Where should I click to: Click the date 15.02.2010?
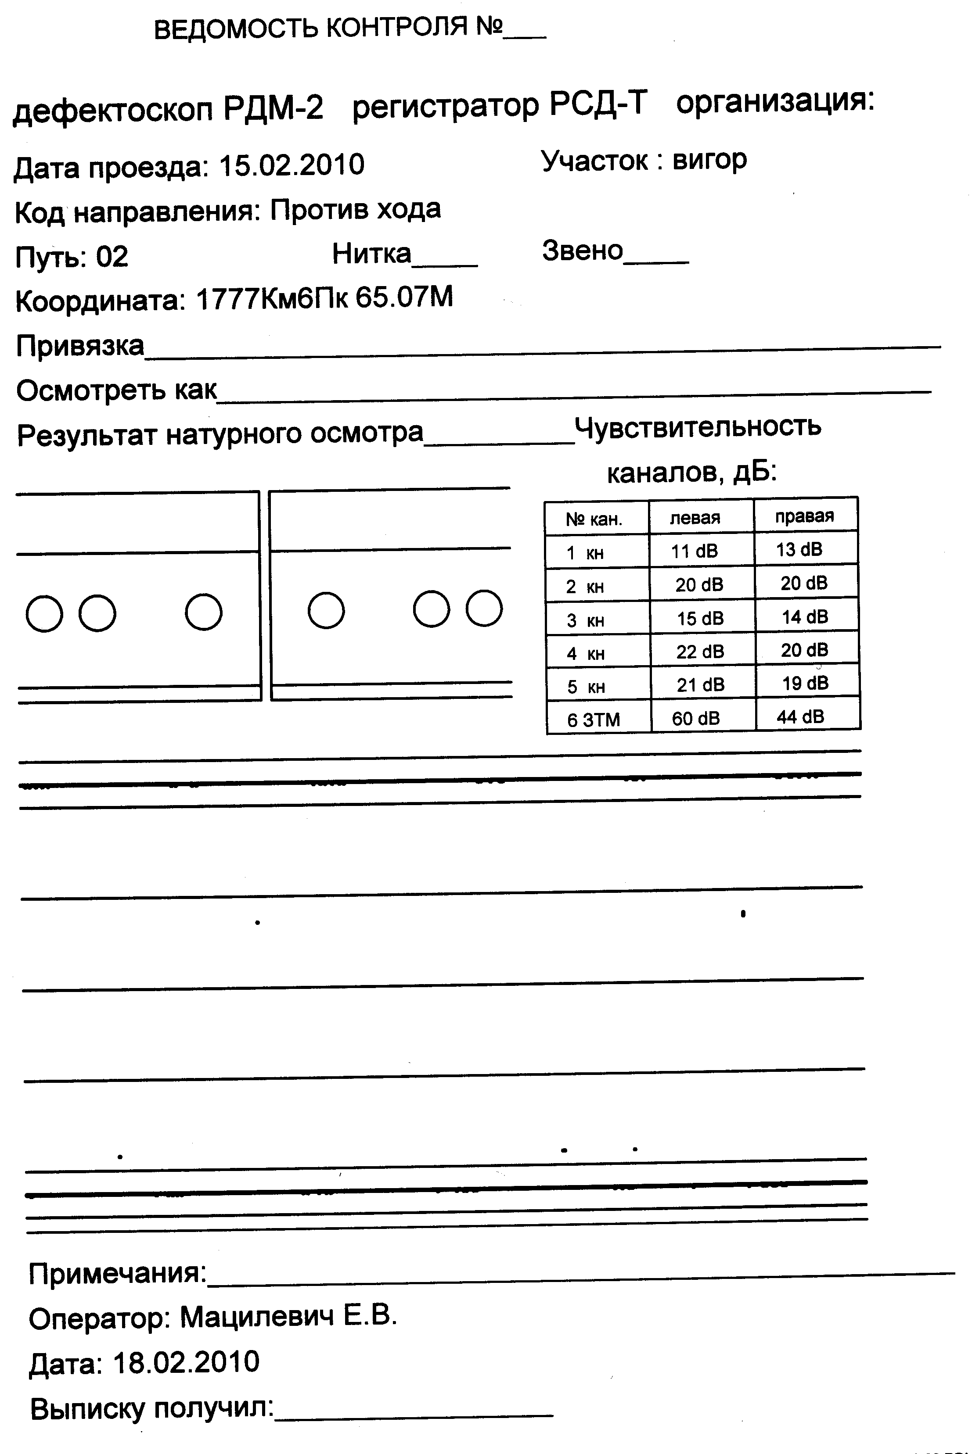pos(292,165)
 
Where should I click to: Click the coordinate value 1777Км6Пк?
pos(272,299)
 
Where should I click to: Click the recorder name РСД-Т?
pos(598,104)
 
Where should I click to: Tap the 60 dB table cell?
pos(695,718)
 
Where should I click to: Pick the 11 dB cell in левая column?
pos(694,551)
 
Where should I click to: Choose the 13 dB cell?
pos(799,549)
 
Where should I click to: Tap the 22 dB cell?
pos(700,651)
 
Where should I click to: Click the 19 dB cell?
pos(805,683)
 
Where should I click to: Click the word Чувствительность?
pos(697,426)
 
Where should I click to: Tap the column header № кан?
pos(593,519)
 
